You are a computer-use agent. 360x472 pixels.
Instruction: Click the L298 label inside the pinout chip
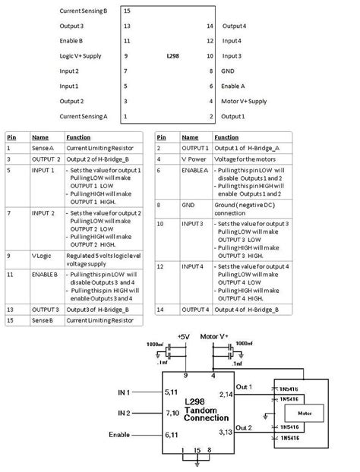pyautogui.click(x=172, y=56)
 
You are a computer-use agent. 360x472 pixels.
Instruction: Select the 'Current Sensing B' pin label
pyautogui.click(x=84, y=11)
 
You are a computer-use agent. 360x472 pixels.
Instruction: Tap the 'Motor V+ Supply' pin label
pyautogui.click(x=243, y=101)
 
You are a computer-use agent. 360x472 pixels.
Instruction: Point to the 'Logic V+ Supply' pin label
pyautogui.click(x=80, y=56)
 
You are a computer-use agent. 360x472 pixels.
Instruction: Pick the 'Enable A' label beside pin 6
pyautogui.click(x=233, y=86)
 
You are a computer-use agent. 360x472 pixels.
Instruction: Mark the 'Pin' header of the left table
pyautogui.click(x=11, y=137)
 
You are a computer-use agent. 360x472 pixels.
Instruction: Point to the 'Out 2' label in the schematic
pyautogui.click(x=244, y=427)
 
